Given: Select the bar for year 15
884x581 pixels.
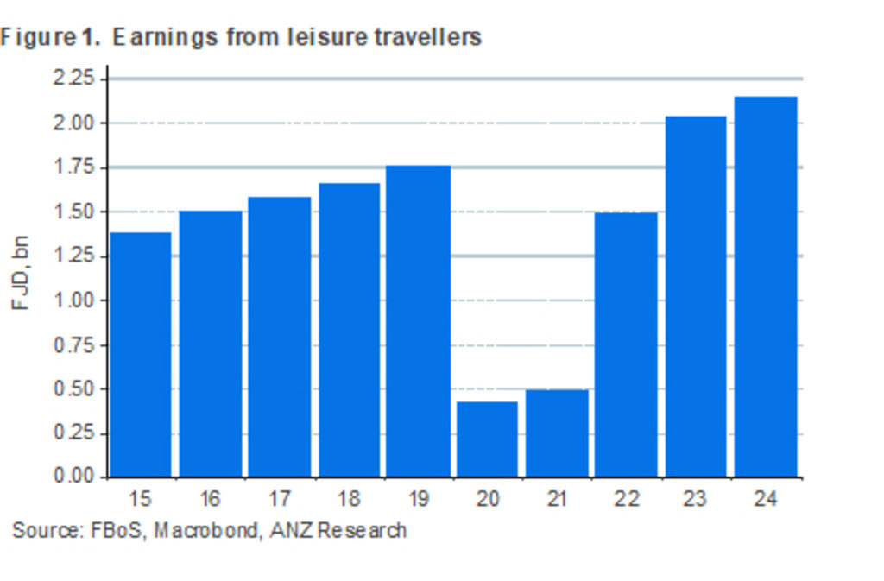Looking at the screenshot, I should click(141, 354).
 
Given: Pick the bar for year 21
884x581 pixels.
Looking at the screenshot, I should click(557, 433).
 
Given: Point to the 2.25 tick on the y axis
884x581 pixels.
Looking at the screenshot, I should click(73, 79).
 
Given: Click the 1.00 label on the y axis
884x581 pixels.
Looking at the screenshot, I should click(73, 300).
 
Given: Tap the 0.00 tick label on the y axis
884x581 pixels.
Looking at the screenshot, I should click(73, 477).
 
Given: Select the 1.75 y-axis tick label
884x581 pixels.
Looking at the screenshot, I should click(73, 167).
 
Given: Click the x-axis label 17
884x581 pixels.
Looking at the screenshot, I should click(279, 499).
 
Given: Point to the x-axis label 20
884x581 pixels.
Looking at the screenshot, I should click(487, 499).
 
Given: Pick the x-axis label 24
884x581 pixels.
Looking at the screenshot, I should click(765, 499).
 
